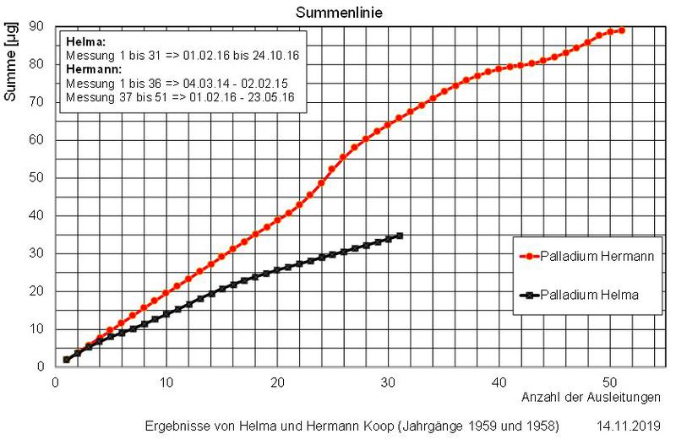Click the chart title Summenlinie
point(338,13)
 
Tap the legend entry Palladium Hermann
point(597,257)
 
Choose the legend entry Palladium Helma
point(590,295)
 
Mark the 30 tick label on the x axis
point(389,383)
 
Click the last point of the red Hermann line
point(622,30)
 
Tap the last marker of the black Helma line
point(400,236)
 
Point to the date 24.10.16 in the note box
point(275,56)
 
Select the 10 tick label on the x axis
point(166,383)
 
